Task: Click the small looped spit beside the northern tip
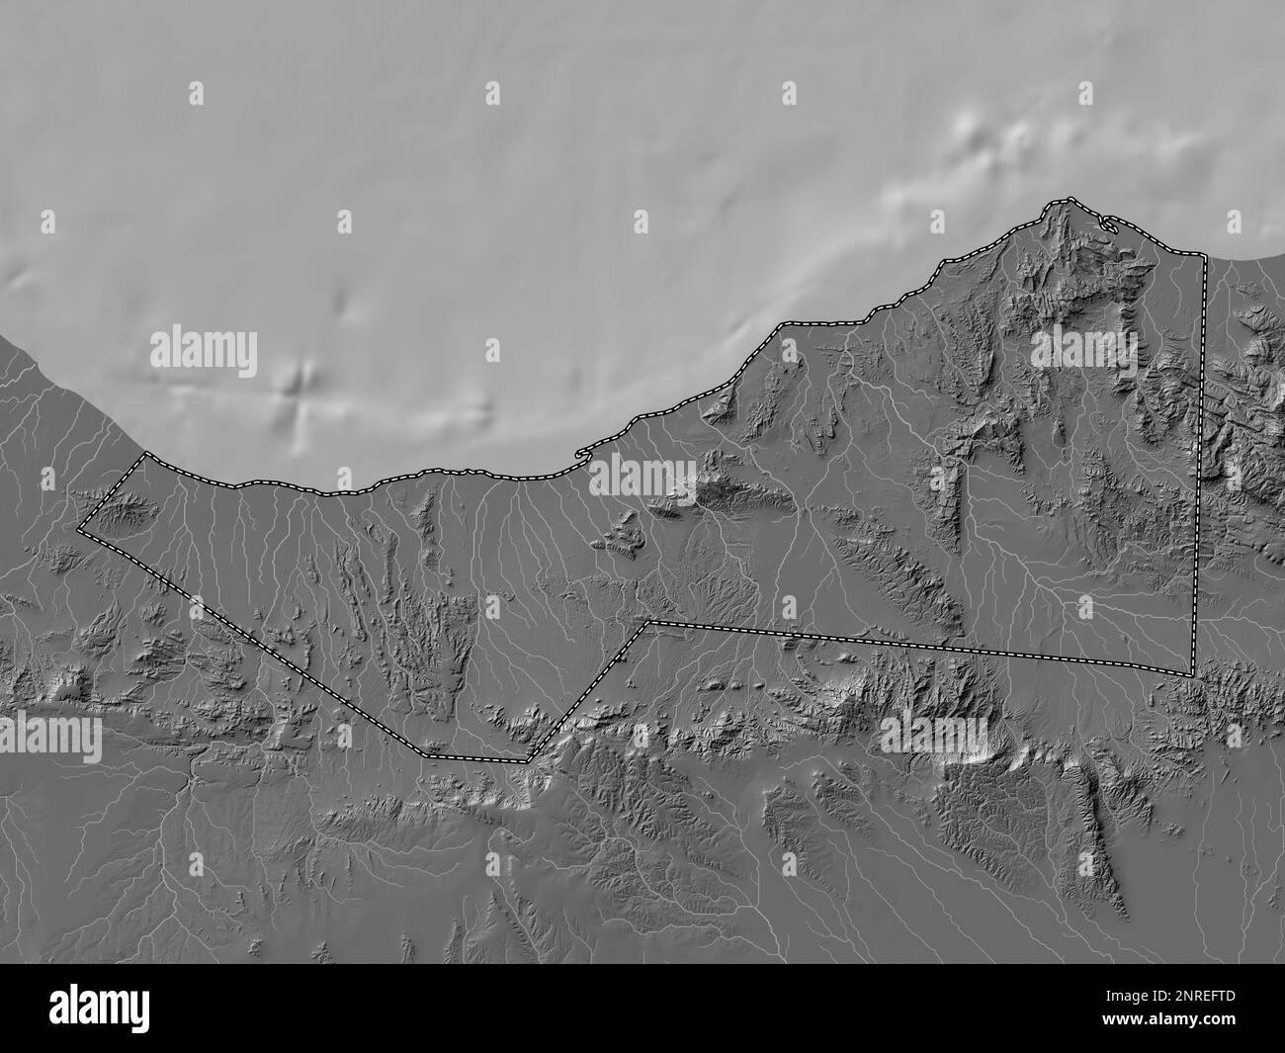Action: coord(1109,225)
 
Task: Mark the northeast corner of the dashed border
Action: coord(1205,255)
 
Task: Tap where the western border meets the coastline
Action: coord(146,455)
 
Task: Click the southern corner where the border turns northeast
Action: coord(529,760)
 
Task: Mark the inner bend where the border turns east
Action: coord(648,623)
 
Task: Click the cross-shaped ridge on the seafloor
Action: coord(297,388)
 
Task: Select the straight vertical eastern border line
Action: coord(1199,465)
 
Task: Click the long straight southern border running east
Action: coord(919,648)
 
